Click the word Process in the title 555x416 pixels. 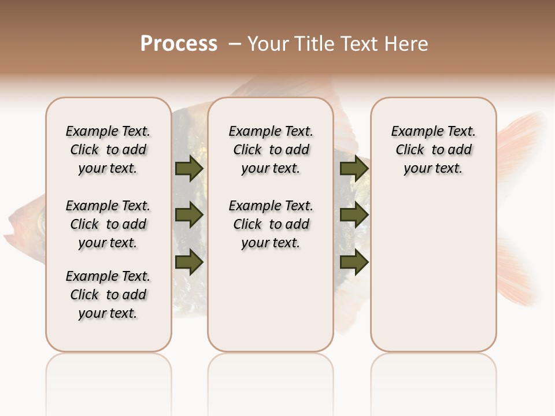tap(179, 44)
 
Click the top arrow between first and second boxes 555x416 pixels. tap(188, 169)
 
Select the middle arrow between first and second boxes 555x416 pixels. tap(188, 216)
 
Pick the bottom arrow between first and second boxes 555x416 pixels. tap(188, 262)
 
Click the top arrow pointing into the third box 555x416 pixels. tap(354, 169)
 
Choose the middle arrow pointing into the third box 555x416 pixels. tap(354, 216)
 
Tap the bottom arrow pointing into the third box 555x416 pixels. tap(354, 262)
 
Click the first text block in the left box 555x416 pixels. tap(108, 150)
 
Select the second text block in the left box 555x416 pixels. tap(108, 224)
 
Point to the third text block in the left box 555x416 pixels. tap(108, 295)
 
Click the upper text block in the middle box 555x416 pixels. tap(271, 150)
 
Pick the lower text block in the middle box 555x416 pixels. tap(271, 224)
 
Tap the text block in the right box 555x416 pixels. tap(433, 150)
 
